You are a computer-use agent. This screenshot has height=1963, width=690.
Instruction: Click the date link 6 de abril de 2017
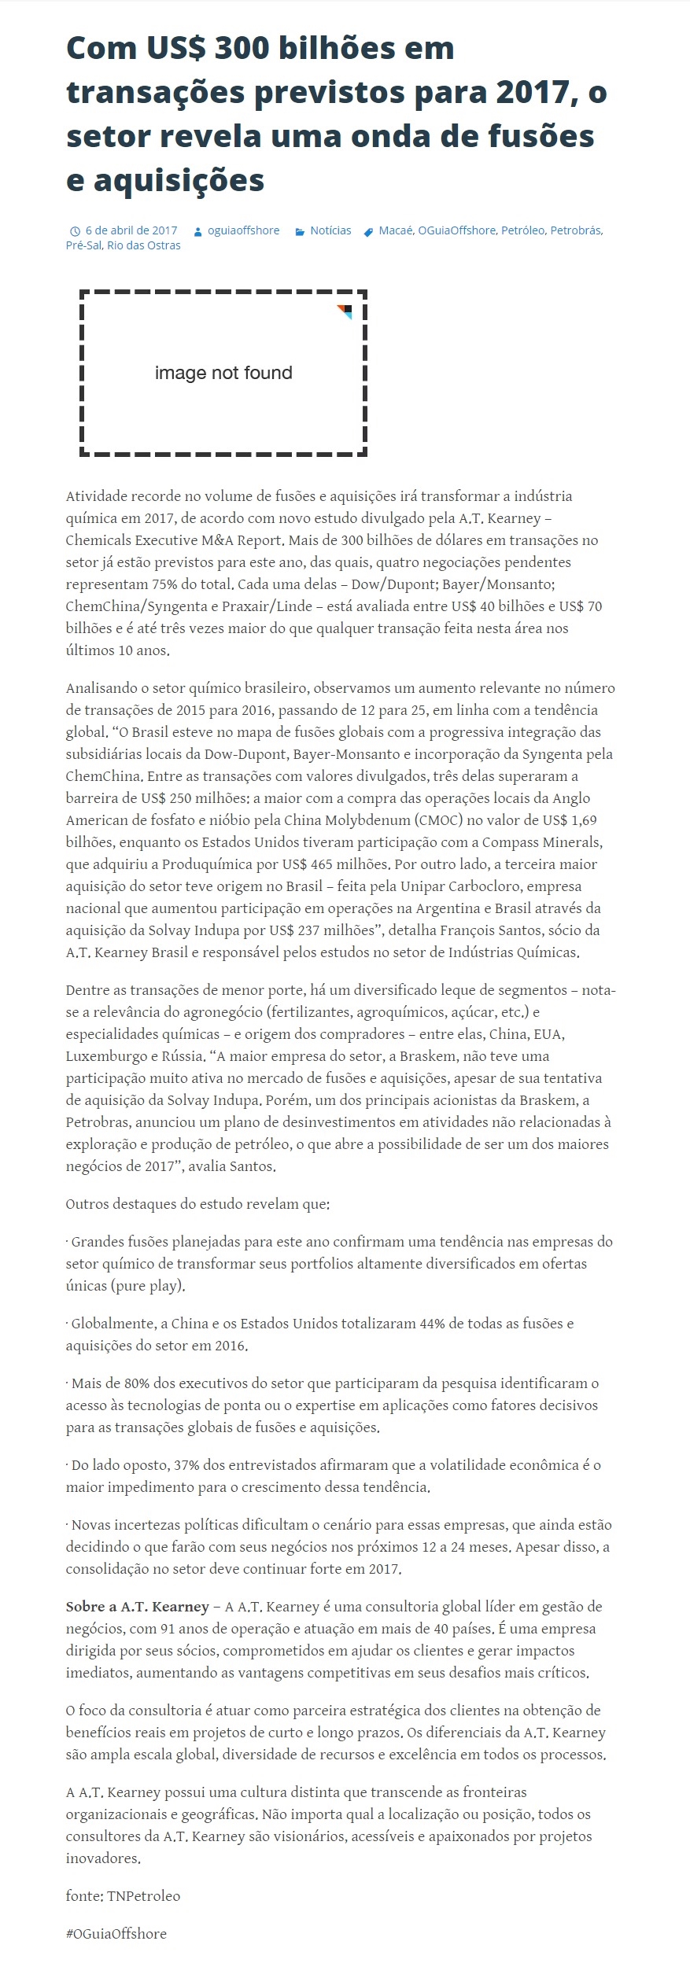[131, 230]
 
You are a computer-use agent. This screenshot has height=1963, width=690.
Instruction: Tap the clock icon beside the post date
[75, 231]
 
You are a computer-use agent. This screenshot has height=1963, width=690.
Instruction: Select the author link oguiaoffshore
[243, 230]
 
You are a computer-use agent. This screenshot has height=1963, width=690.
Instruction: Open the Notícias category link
[330, 230]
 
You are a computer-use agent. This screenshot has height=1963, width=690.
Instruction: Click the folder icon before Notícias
[300, 231]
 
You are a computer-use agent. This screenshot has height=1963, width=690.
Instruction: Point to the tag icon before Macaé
[368, 231]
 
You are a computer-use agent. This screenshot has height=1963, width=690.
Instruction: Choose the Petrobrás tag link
[575, 230]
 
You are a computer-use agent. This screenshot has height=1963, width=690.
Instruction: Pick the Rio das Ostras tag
[144, 245]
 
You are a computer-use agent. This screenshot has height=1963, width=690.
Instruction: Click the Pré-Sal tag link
[84, 245]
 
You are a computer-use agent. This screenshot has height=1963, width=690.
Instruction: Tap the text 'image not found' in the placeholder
[223, 373]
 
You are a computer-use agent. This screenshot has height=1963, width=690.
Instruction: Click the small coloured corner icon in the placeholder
[345, 311]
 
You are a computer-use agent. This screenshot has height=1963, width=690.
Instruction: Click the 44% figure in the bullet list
[432, 1324]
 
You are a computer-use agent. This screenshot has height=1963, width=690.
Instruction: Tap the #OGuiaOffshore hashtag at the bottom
[116, 1934]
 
